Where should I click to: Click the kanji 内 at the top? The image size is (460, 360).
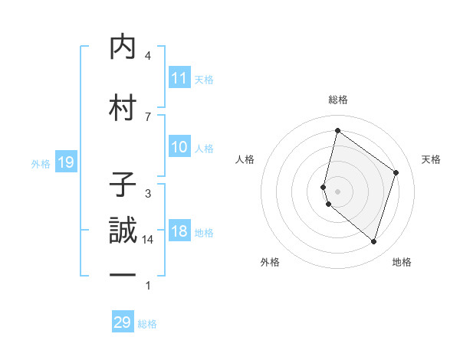tap(123, 47)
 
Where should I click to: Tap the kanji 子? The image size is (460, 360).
tap(123, 185)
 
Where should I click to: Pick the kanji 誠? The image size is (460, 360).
tap(123, 230)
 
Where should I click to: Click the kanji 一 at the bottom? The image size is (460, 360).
tap(123, 275)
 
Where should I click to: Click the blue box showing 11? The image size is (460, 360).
tap(179, 78)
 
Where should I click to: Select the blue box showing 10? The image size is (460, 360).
tap(179, 147)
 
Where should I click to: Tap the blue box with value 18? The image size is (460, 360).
tap(179, 232)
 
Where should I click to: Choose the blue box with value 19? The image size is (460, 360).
tap(65, 162)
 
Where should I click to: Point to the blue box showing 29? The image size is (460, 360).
tap(123, 322)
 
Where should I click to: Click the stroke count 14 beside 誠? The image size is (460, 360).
tap(148, 240)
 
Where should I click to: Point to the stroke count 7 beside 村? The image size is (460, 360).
tap(148, 116)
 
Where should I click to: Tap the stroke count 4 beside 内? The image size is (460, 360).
tap(148, 56)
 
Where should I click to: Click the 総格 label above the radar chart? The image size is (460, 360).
tap(337, 100)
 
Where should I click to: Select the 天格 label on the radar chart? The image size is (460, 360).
tap(431, 159)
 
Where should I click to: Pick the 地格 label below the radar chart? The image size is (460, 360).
tap(402, 262)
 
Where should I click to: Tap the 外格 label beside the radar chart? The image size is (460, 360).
tap(270, 262)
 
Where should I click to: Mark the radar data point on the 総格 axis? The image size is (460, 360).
tap(337, 130)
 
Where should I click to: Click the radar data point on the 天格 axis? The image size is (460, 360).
tap(396, 172)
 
